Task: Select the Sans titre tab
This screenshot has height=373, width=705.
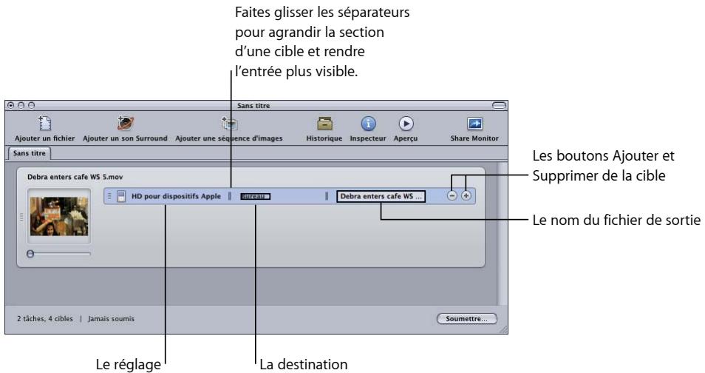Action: pos(34,153)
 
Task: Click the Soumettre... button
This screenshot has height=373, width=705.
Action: pos(466,319)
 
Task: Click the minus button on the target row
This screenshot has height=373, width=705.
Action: pos(452,196)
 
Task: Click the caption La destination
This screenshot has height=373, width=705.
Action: pos(299,363)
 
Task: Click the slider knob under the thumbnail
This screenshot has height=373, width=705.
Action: pos(30,253)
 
